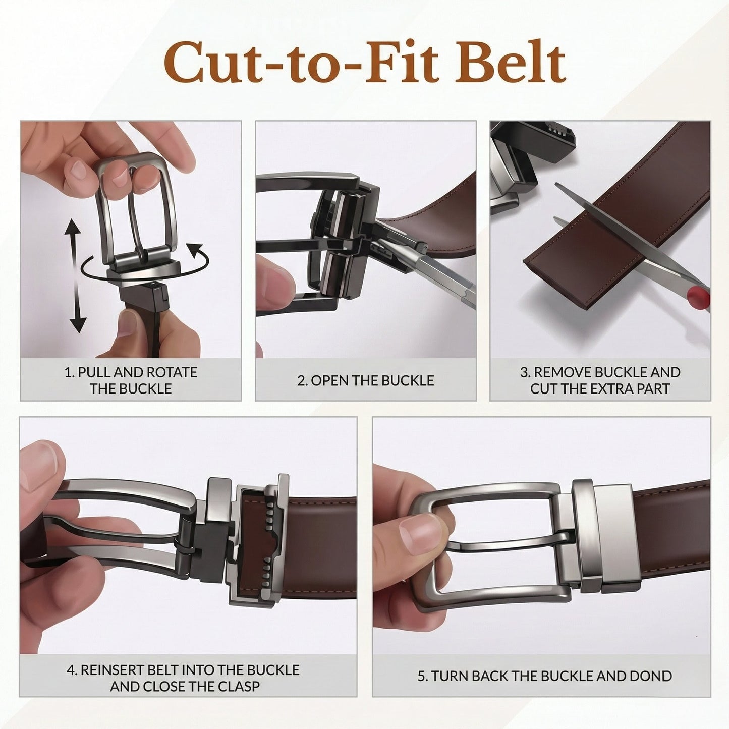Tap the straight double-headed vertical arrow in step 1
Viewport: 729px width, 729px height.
coord(76,277)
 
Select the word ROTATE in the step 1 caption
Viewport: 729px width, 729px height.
coord(172,373)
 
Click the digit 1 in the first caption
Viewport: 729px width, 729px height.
coord(68,373)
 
